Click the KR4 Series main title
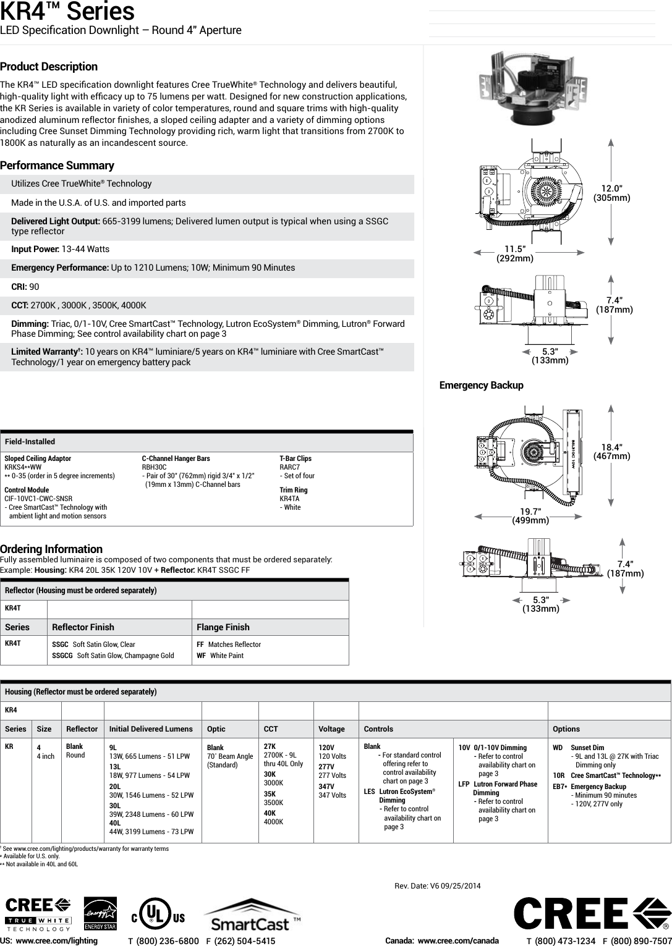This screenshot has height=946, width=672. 67,12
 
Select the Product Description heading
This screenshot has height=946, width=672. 49,67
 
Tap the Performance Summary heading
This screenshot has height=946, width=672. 57,166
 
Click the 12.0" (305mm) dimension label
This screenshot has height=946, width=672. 611,193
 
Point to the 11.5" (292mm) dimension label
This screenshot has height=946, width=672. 515,253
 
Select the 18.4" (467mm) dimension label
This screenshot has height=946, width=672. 611,452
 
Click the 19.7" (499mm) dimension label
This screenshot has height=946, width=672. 530,515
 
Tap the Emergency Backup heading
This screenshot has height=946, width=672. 481,386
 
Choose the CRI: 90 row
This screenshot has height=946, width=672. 25,287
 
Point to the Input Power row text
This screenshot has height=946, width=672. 61,249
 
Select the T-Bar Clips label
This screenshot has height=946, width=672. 296,458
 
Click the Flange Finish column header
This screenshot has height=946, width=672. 223,627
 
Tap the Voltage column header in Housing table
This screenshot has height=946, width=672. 331,729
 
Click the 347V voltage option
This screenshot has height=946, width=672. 326,786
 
